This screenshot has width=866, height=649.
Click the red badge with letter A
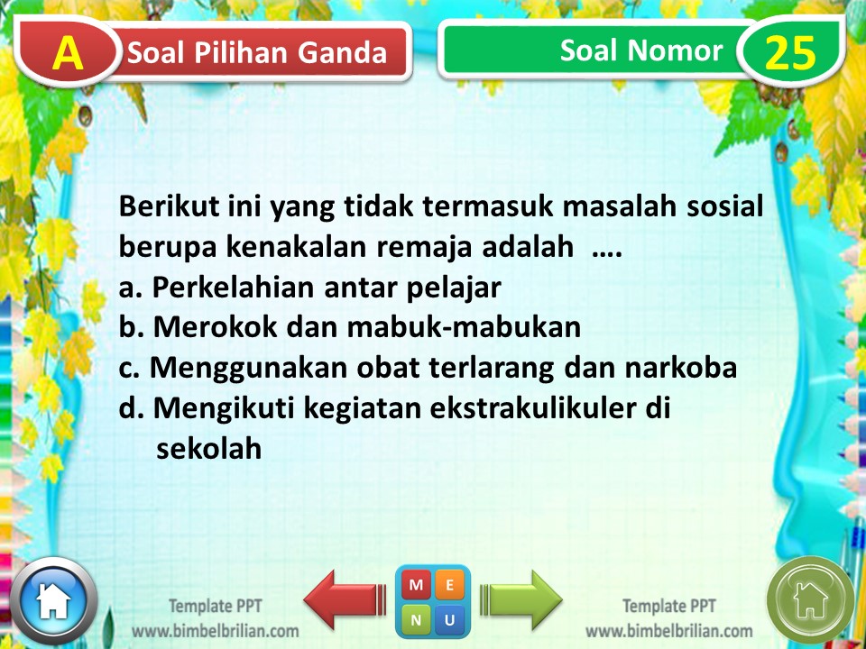[x=66, y=53]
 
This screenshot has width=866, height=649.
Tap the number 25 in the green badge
[x=790, y=53]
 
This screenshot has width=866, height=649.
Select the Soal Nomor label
[x=640, y=50]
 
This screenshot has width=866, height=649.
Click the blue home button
[x=52, y=599]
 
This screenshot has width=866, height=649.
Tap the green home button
[x=809, y=599]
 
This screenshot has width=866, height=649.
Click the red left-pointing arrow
[x=342, y=599]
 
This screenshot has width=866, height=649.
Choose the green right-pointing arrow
[x=521, y=598]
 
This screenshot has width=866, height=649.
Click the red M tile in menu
[x=416, y=585]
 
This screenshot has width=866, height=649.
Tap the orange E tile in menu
[x=450, y=585]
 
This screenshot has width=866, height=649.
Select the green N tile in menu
[x=416, y=619]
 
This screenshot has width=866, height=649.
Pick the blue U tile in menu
[x=450, y=619]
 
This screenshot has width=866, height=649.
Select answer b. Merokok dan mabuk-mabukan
[x=350, y=328]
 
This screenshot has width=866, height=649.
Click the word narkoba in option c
[x=687, y=369]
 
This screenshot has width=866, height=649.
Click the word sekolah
[x=208, y=448]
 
